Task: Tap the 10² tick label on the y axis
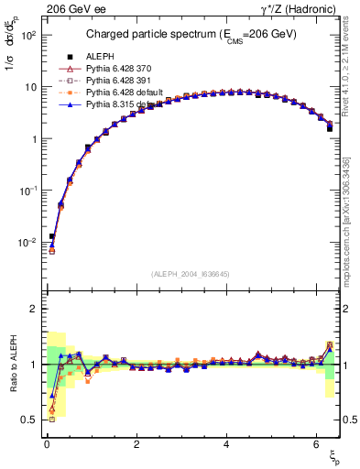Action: (x=27, y=35)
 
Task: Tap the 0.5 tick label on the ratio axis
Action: (x=28, y=420)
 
